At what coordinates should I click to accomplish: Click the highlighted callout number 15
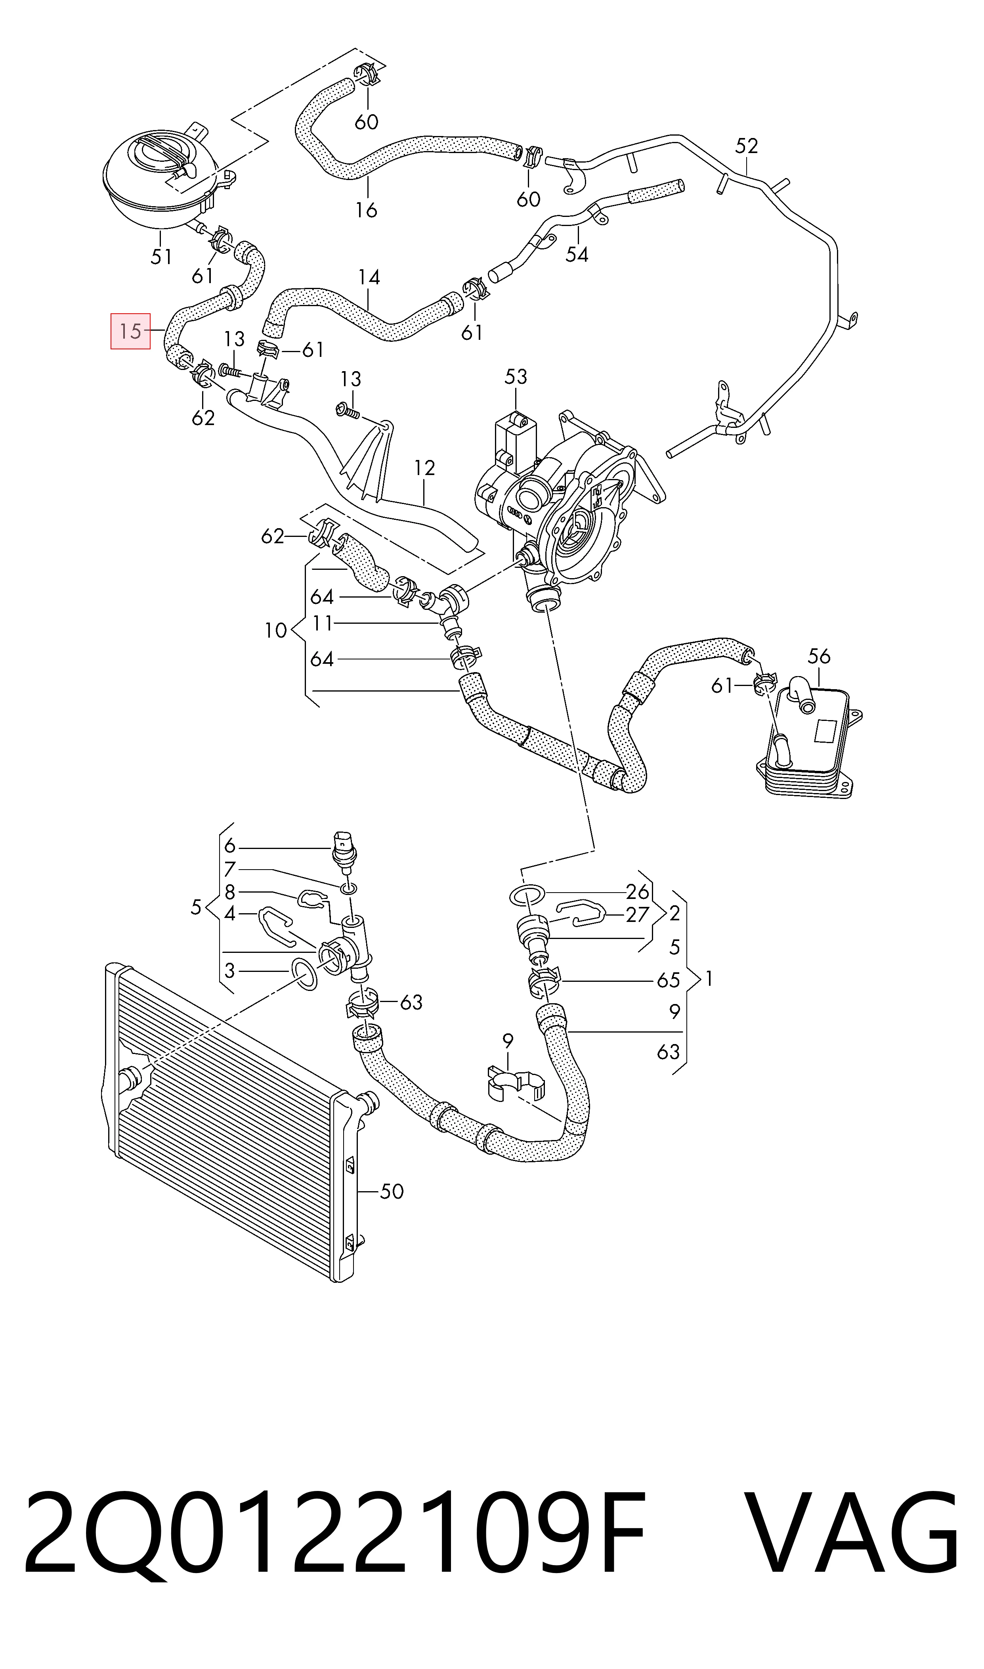click(x=131, y=330)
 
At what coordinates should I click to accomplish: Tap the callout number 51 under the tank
click(x=161, y=256)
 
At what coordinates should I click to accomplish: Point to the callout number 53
click(x=516, y=376)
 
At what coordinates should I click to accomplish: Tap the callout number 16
click(x=366, y=210)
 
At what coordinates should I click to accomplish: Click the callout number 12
click(x=424, y=468)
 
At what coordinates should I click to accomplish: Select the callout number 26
click(x=637, y=891)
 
